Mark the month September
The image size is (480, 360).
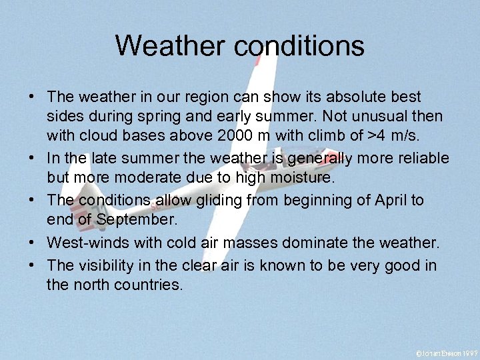(127, 219)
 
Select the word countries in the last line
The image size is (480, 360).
(148, 285)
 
